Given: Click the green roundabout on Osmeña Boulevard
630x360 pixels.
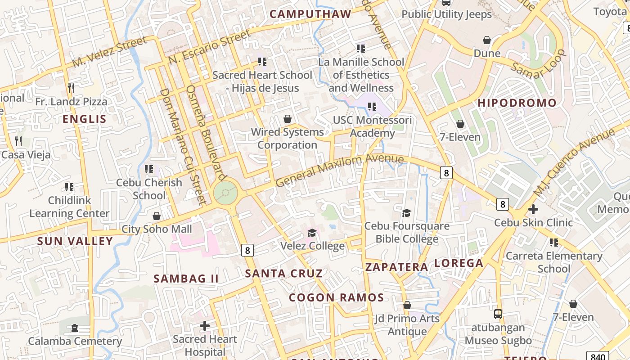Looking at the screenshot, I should [x=225, y=193].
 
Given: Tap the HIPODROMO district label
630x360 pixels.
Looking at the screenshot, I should [x=517, y=103].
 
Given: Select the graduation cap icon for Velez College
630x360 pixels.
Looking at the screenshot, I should [x=312, y=233].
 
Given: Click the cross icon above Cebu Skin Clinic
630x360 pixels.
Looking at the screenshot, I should [x=533, y=209].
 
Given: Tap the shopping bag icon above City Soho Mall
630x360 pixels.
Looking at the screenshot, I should [x=157, y=216].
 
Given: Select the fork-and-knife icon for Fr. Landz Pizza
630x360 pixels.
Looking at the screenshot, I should [x=71, y=88].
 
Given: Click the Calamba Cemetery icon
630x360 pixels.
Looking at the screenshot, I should [x=75, y=328].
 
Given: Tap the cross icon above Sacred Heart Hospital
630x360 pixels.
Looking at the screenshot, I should [x=205, y=325].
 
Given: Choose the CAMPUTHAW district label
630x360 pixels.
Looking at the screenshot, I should [x=310, y=14].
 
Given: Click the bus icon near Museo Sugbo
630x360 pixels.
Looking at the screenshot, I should [x=498, y=314].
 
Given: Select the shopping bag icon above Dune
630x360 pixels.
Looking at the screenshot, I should [x=487, y=40].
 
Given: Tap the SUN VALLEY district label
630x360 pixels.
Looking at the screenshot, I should [x=75, y=241].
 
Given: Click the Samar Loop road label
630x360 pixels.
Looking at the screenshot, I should [x=539, y=65].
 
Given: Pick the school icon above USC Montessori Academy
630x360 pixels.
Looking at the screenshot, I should [x=372, y=107].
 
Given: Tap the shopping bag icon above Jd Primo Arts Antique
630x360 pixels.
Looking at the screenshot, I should [x=407, y=306].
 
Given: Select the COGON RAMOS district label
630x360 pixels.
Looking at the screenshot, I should [x=336, y=297].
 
